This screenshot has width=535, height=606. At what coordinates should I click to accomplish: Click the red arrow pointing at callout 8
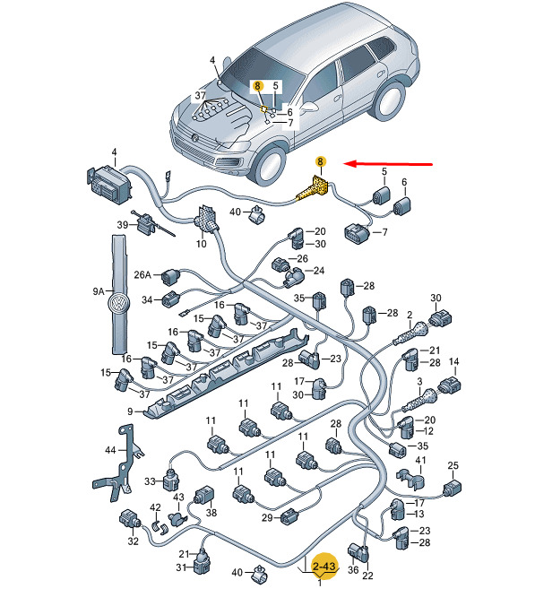tap(388, 164)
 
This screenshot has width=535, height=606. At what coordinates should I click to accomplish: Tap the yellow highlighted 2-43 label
tap(324, 567)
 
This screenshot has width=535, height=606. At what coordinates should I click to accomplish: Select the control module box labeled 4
tap(109, 185)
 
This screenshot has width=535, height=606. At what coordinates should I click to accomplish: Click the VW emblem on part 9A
tap(118, 303)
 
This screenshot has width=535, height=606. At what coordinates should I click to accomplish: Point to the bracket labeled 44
tap(118, 463)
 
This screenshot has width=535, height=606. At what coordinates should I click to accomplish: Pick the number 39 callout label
tap(123, 225)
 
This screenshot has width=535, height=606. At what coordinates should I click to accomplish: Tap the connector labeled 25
tap(453, 489)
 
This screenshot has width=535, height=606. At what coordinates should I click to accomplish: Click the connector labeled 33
tap(170, 480)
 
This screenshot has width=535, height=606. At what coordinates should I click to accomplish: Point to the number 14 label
tap(453, 362)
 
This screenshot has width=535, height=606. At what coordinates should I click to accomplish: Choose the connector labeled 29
tap(289, 517)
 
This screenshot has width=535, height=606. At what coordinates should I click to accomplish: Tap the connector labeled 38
tap(204, 496)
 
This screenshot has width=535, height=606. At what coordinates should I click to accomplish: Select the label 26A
tap(142, 275)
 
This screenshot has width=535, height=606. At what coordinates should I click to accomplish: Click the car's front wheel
tap(269, 164)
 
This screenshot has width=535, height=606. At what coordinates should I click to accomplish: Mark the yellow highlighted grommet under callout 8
tap(314, 189)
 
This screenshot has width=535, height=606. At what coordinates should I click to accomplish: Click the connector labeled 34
tap(171, 299)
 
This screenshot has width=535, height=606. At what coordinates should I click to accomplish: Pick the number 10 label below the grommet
tap(202, 244)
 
